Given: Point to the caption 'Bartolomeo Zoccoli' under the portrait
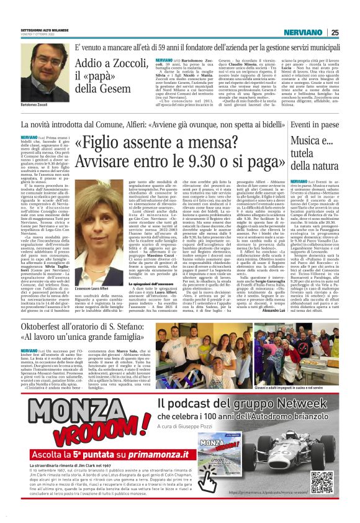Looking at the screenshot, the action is (x=38, y=107).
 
